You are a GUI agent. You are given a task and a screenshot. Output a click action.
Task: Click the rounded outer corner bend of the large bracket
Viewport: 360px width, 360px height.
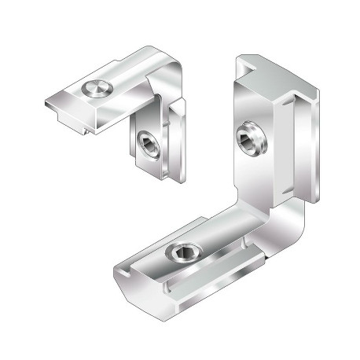[x=297, y=228]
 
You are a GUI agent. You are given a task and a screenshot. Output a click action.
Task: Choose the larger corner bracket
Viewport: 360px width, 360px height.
[x=228, y=197]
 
